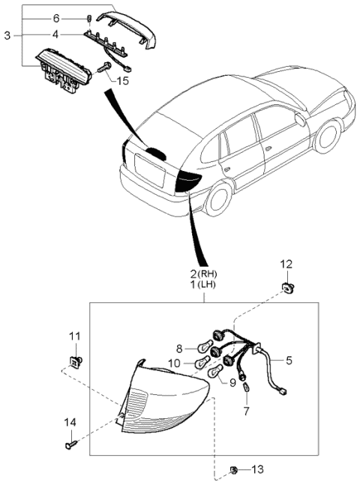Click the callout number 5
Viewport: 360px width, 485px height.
click(x=289, y=360)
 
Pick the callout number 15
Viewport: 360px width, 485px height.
click(x=123, y=79)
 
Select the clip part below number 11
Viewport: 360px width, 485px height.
click(x=76, y=361)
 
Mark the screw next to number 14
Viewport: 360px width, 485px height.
click(x=73, y=446)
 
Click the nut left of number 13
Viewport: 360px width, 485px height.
click(x=234, y=470)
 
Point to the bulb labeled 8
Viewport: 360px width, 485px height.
click(x=202, y=348)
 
